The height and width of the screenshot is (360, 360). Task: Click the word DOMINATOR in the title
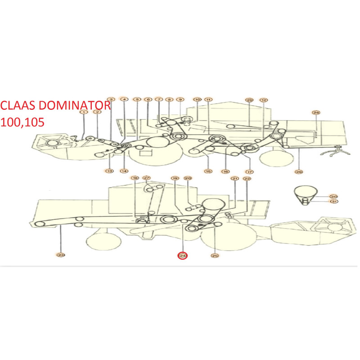click(x=75, y=106)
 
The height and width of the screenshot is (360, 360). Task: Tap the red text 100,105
click(x=22, y=122)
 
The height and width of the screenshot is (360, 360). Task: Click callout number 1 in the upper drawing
click(x=84, y=112)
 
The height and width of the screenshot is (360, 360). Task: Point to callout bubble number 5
click(x=137, y=99)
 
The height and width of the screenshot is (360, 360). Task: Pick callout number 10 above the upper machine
click(x=197, y=99)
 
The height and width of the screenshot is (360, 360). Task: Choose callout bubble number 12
click(x=264, y=100)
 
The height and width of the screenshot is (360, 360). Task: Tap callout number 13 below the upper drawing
click(x=109, y=171)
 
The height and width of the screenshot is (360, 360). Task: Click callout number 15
click(x=208, y=171)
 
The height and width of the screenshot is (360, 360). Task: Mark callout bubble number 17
click(x=249, y=171)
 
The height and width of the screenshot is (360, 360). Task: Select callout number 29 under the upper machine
click(x=298, y=171)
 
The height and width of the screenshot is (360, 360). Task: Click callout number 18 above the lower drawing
click(x=135, y=178)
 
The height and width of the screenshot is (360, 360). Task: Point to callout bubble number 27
click(x=147, y=178)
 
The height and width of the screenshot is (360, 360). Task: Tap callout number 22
click(x=247, y=179)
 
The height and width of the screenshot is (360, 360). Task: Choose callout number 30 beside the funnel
click(x=333, y=197)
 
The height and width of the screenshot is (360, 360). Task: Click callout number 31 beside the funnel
click(x=333, y=202)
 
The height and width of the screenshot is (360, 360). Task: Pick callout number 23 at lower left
click(x=61, y=255)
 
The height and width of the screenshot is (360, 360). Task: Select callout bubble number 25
click(x=215, y=256)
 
